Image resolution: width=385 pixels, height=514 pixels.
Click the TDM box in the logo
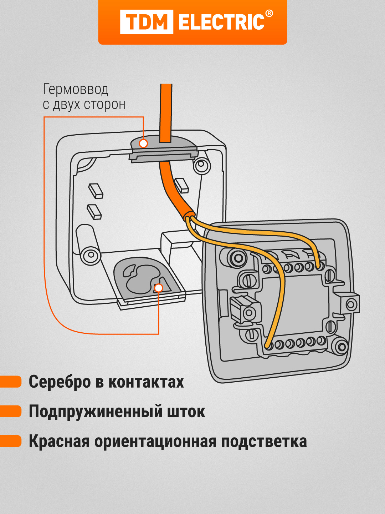pyautogui.click(x=147, y=22)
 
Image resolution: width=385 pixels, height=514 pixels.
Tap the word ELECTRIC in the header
pyautogui.click(x=221, y=22)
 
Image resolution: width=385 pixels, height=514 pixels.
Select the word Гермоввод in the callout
pyautogui.click(x=75, y=89)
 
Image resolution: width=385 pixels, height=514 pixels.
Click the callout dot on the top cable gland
pyautogui.click(x=143, y=143)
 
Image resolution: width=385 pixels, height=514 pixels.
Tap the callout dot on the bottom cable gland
pyautogui.click(x=159, y=288)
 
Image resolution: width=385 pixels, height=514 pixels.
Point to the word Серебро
pyautogui.click(x=60, y=382)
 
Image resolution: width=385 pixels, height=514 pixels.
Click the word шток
pyautogui.click(x=186, y=412)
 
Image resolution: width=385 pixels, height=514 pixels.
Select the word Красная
pyautogui.click(x=59, y=441)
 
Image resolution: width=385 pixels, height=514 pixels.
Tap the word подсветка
pyautogui.click(x=264, y=441)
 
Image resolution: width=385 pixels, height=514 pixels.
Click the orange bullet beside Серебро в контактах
pyautogui.click(x=11, y=382)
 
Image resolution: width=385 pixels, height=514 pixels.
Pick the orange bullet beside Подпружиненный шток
pyautogui.click(x=11, y=411)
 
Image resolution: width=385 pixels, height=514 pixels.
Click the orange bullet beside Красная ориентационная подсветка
pyautogui.click(x=11, y=441)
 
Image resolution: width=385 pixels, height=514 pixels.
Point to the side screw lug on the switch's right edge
pyautogui.click(x=351, y=304)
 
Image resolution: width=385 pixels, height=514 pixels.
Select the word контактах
pyautogui.click(x=146, y=382)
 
